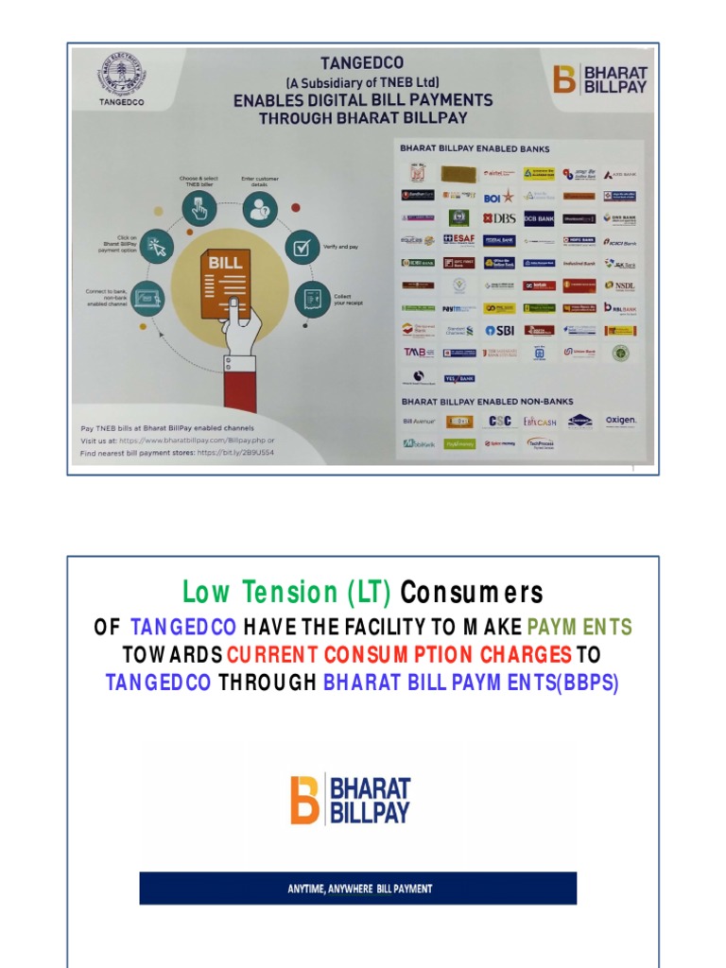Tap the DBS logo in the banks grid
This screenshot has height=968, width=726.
point(499,217)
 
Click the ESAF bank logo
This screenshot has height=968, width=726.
point(458,240)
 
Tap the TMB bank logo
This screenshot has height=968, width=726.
point(418,352)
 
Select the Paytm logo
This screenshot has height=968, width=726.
point(458,308)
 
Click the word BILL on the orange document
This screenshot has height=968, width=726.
point(225,261)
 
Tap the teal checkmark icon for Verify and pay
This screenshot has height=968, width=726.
point(302,247)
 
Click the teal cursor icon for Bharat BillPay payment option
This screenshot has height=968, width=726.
point(156,247)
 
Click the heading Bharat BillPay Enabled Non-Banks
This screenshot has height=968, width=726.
point(481,402)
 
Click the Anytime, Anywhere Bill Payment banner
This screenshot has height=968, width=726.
point(358,888)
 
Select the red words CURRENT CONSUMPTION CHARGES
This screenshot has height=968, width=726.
point(400,654)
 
